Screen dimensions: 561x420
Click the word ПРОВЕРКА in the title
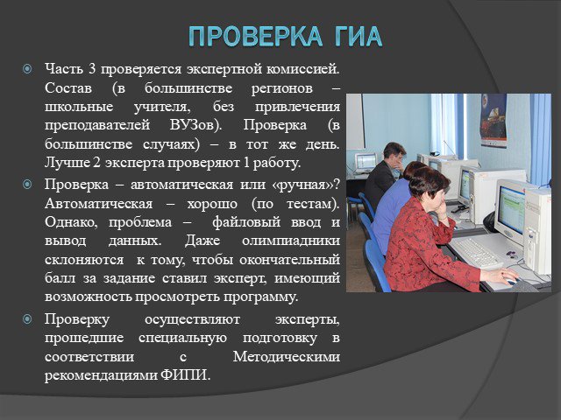256,37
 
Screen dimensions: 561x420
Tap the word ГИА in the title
359,37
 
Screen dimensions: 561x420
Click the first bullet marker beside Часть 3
27,69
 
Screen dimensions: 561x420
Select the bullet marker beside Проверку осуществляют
27,318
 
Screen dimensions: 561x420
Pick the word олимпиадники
291,241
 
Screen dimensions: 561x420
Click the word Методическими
287,357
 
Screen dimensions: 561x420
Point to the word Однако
71,222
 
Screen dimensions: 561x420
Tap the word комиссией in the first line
302,69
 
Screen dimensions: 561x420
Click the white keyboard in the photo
476,252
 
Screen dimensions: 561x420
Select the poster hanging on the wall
494,120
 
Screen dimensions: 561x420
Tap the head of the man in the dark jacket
394,154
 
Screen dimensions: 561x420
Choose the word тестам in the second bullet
312,204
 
